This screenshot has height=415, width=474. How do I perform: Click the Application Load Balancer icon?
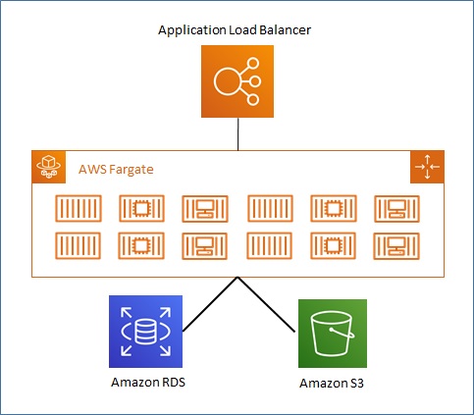[237, 81]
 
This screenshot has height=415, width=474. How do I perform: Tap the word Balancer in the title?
[285, 30]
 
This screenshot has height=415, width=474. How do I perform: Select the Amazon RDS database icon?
[145, 332]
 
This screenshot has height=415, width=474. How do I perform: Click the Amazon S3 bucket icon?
[333, 334]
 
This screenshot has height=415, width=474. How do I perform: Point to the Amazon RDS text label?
[148, 382]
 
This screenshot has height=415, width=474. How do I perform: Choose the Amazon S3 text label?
[332, 383]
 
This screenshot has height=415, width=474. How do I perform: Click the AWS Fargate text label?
[116, 170]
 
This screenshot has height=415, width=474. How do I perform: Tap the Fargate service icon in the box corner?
[49, 167]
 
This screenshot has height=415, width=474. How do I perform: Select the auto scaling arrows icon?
[427, 167]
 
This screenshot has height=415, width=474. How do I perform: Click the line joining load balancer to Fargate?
[237, 134]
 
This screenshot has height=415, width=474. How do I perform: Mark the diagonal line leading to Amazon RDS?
[210, 304]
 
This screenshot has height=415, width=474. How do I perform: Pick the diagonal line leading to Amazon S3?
[266, 304]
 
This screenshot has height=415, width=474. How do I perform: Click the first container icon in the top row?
[79, 209]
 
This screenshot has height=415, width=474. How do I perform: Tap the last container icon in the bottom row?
[396, 246]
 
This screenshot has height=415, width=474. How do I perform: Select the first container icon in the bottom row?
[79, 245]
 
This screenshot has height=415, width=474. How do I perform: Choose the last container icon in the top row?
[396, 209]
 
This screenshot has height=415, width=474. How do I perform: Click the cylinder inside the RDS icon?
[145, 332]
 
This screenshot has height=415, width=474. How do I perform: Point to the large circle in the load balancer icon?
[227, 81]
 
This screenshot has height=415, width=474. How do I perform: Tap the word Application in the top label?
[192, 30]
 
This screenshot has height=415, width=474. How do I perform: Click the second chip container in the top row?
[334, 209]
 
